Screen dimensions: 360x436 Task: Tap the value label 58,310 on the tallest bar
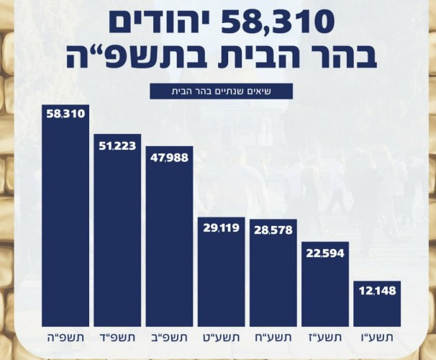(65, 114)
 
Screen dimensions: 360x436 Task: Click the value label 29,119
(221, 228)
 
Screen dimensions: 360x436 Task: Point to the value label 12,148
(377, 291)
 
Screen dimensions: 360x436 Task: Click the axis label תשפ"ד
(117, 338)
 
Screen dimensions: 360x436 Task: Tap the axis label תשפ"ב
(169, 338)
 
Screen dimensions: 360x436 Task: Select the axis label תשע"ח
(273, 338)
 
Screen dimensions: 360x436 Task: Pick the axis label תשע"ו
(377, 338)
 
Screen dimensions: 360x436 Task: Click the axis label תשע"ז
(325, 338)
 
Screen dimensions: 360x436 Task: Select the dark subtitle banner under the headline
(221, 91)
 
